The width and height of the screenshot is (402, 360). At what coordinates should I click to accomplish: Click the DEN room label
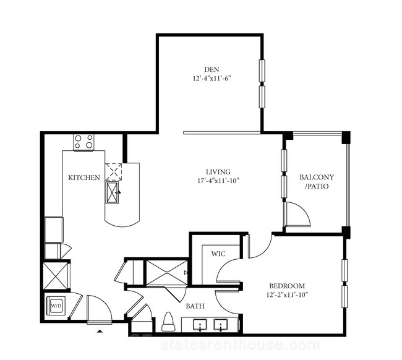tap(212, 69)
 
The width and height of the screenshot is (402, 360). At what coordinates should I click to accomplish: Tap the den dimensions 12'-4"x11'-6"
tap(212, 79)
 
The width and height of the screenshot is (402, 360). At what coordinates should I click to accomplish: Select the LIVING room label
tap(218, 172)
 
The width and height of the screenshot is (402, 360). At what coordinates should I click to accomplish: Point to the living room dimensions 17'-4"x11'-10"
tap(218, 181)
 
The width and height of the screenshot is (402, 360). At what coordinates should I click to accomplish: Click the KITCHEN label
tap(84, 178)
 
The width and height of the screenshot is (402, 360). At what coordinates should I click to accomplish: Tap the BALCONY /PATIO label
tap(317, 182)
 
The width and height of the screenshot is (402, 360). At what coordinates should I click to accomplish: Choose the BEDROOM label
tap(287, 286)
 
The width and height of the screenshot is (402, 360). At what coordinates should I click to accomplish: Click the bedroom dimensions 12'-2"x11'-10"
tap(287, 294)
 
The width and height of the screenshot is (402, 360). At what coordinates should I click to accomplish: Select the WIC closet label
tap(218, 254)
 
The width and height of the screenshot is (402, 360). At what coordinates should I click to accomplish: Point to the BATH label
tap(195, 306)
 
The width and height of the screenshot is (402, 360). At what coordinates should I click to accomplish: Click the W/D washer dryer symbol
tap(56, 306)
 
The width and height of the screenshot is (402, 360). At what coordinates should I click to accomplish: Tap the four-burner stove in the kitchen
tap(83, 142)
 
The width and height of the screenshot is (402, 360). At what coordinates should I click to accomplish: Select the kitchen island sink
tap(112, 192)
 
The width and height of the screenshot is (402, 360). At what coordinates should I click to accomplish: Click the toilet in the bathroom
tap(168, 322)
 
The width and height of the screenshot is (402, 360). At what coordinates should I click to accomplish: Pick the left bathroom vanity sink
tap(200, 325)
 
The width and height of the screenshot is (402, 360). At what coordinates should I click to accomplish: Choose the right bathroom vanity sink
tap(221, 325)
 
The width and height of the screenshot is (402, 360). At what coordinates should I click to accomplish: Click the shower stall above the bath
tap(167, 272)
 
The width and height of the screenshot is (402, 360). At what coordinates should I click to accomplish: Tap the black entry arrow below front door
tap(100, 331)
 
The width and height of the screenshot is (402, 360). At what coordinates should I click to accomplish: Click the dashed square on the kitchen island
tap(114, 172)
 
